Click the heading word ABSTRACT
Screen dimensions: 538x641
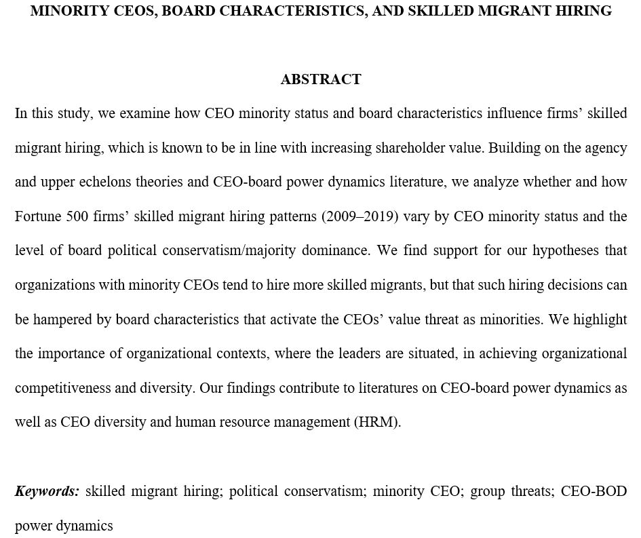320,79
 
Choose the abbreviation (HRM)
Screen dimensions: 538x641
377,422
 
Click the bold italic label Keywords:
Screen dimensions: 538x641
47,491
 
